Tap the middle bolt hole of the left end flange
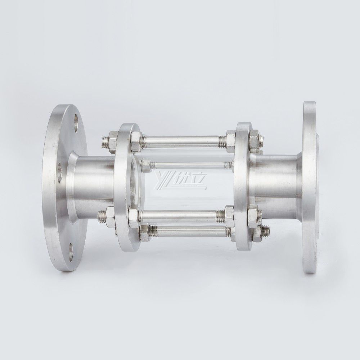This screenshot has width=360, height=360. [x=59, y=172]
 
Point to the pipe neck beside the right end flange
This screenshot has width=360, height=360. [x=277, y=184]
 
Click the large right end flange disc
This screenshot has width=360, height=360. [x=310, y=187]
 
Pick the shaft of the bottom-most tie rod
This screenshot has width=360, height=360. [x=187, y=231]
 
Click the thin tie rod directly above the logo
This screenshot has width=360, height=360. [x=191, y=165]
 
